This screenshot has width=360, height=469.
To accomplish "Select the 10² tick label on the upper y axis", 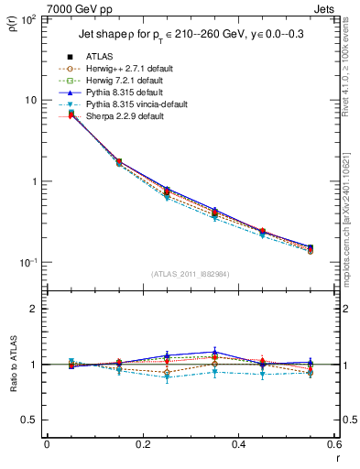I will tap(27, 18).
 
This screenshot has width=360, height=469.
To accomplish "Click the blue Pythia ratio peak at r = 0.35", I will tap(213, 351).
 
